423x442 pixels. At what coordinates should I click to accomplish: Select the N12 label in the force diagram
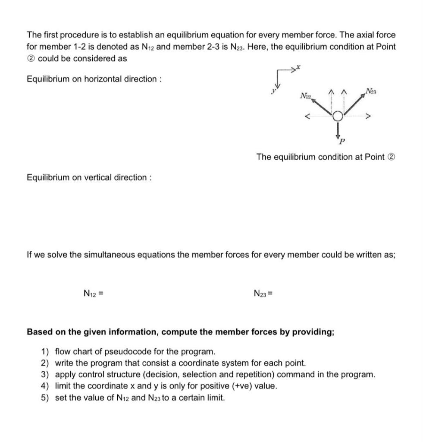coord(305,95)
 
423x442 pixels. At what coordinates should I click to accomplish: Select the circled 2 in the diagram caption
coord(391,157)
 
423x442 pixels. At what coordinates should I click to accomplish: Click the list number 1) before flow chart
coord(45,351)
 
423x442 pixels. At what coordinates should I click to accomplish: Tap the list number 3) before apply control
coord(45,374)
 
